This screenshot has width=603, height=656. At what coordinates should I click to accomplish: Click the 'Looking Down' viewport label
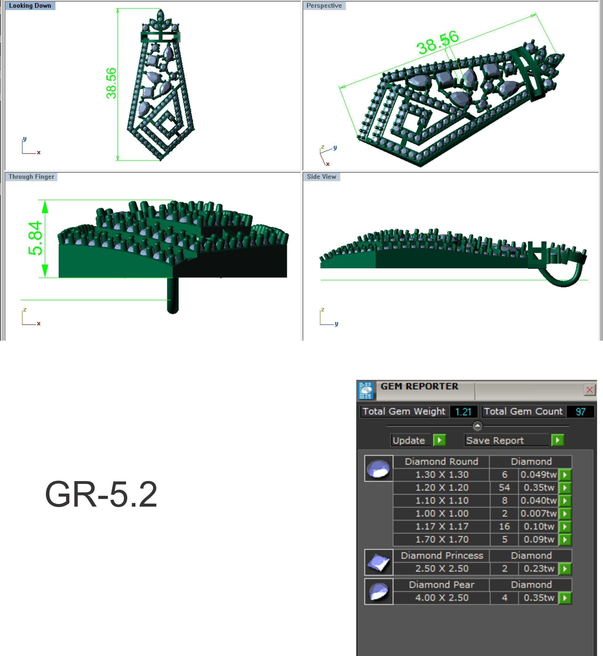pos(30,6)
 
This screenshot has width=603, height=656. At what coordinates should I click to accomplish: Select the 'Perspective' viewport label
pos(324,6)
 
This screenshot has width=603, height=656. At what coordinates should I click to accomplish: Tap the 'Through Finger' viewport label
pos(31,177)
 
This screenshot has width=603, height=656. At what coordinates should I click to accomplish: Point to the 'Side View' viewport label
pos(321,177)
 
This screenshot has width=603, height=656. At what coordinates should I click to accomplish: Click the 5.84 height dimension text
pos(36,238)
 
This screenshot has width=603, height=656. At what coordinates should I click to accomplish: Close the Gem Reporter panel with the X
pos(589,389)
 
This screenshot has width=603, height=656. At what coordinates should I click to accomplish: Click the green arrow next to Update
pos(439,440)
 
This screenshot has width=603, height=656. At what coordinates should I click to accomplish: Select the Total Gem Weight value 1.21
pos(463,411)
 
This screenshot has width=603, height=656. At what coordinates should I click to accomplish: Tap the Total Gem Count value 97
pos(580,411)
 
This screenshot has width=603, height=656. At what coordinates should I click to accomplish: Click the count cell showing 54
pos(504,488)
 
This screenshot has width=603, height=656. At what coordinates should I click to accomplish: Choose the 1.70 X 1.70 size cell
pos(442,539)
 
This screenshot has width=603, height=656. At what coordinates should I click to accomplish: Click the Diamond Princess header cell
pos(442,555)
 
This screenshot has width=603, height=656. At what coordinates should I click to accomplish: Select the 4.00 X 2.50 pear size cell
pos(442,598)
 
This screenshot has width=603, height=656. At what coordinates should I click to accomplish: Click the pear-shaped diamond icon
pos(379,592)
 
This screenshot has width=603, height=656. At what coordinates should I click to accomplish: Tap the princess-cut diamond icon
pos(379,562)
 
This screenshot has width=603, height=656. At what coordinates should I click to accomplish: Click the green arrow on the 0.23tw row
pos(565,569)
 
